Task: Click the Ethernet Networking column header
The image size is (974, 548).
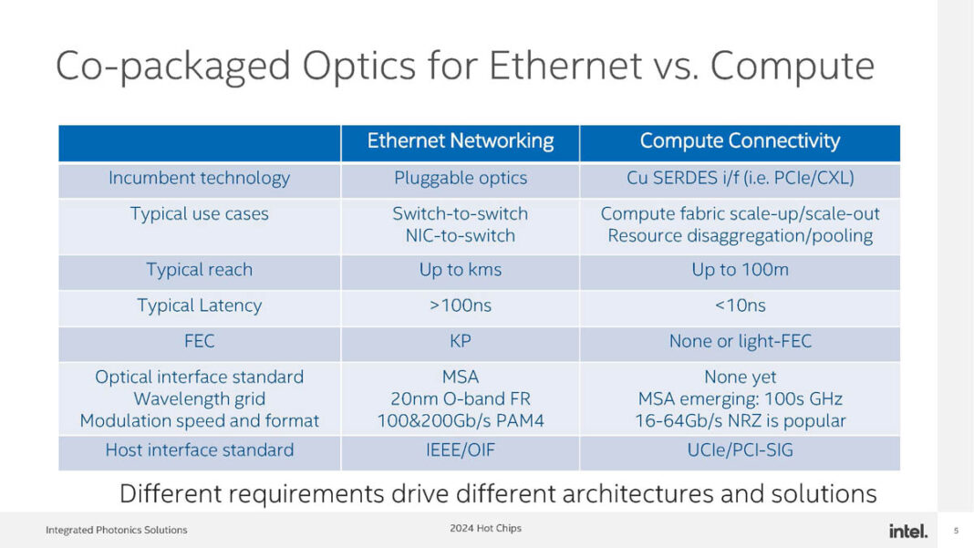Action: click(460, 141)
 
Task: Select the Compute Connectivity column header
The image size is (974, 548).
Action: click(740, 141)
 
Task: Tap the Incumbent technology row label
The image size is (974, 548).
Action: click(199, 179)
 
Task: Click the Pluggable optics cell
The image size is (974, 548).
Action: click(460, 179)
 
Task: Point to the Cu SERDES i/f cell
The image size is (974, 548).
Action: click(740, 179)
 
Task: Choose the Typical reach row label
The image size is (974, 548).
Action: click(199, 270)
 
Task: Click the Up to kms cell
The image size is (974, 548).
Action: click(460, 270)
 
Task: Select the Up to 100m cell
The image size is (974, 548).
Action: click(740, 270)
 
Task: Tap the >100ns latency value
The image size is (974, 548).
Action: click(460, 306)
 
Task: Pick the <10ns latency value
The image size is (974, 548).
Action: click(740, 306)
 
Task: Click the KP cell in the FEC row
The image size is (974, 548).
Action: click(460, 342)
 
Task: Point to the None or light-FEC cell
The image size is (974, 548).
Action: click(740, 342)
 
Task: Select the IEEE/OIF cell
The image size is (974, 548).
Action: click(460, 450)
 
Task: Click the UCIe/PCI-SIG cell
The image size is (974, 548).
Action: click(740, 450)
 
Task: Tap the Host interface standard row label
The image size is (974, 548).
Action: click(199, 450)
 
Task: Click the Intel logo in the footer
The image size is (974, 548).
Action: click(907, 531)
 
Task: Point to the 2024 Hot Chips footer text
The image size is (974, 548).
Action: click(485, 529)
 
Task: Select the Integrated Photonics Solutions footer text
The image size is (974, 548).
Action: click(116, 531)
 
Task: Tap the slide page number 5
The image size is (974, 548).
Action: click(956, 531)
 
